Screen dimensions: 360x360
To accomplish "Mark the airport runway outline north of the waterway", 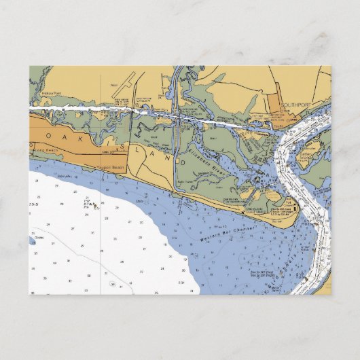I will pos(120,88).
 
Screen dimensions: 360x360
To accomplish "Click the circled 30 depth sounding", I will pos(113,284).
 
